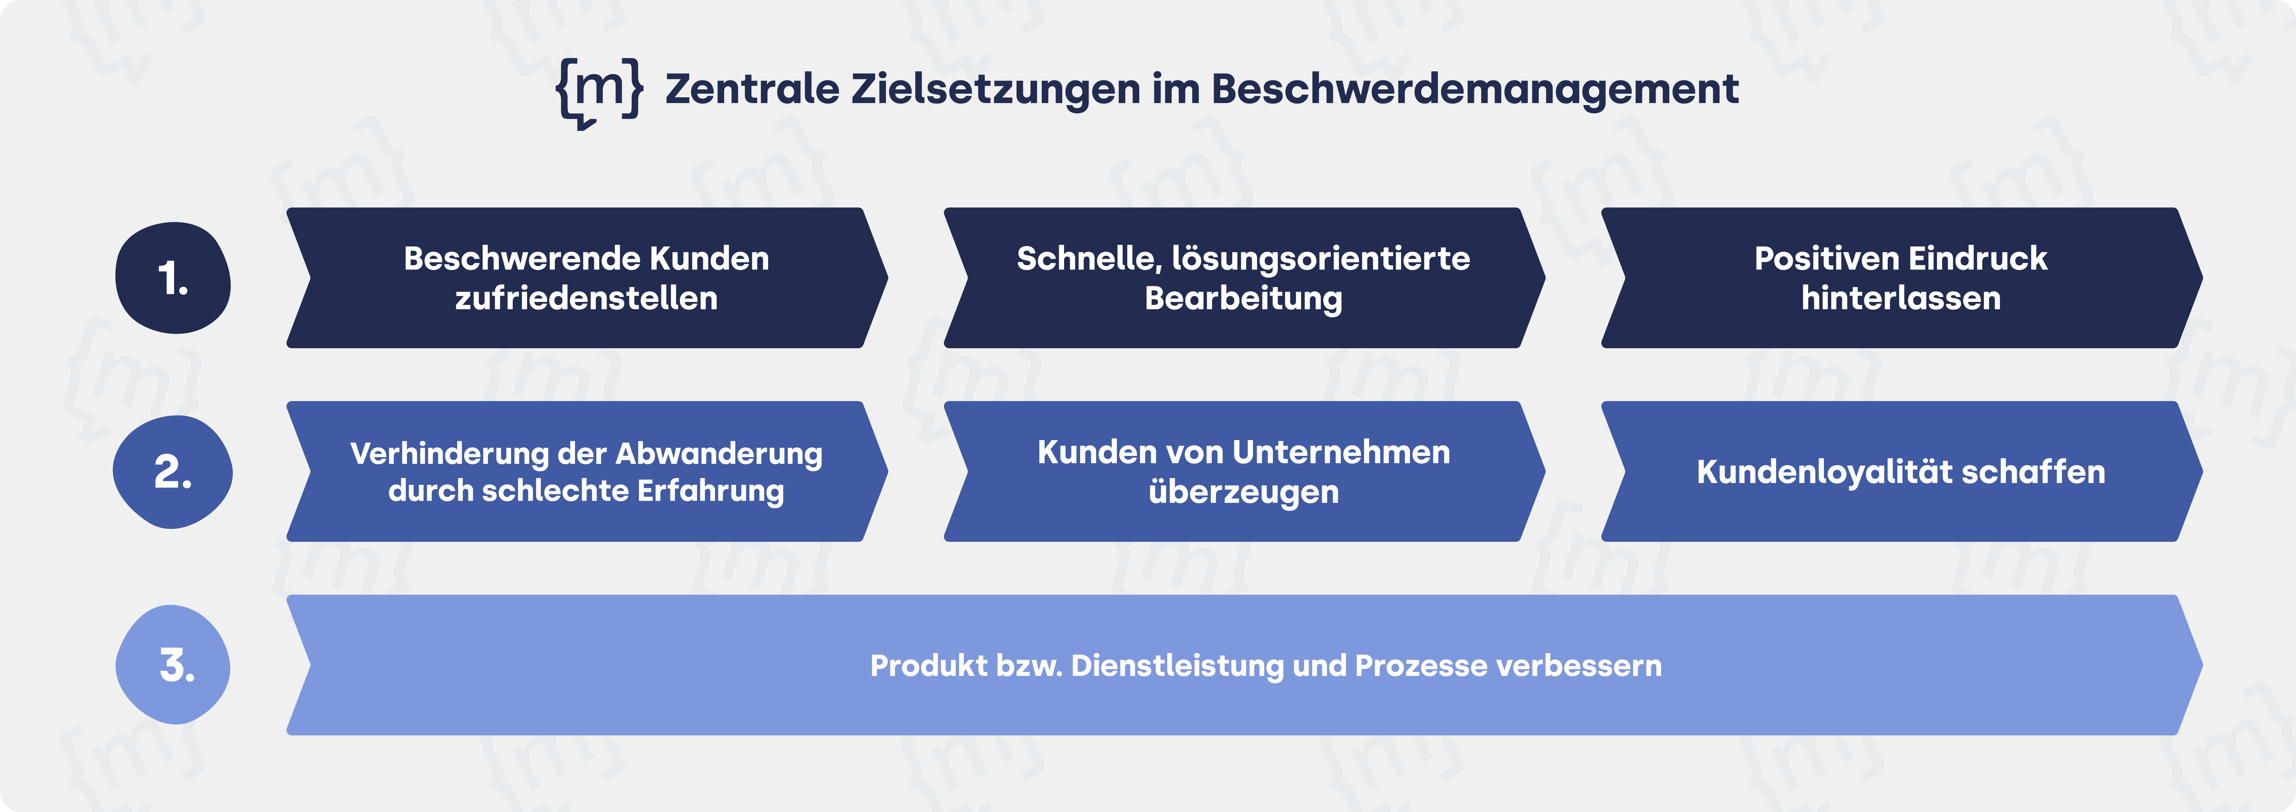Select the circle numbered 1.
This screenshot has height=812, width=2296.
pyautogui.click(x=173, y=278)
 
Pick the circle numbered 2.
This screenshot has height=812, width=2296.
pyautogui.click(x=173, y=471)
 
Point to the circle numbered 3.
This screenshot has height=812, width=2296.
pyautogui.click(x=173, y=665)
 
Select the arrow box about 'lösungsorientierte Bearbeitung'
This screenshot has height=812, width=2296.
pyautogui.click(x=1243, y=278)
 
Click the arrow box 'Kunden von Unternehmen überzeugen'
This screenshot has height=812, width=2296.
pyautogui.click(x=1243, y=471)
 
